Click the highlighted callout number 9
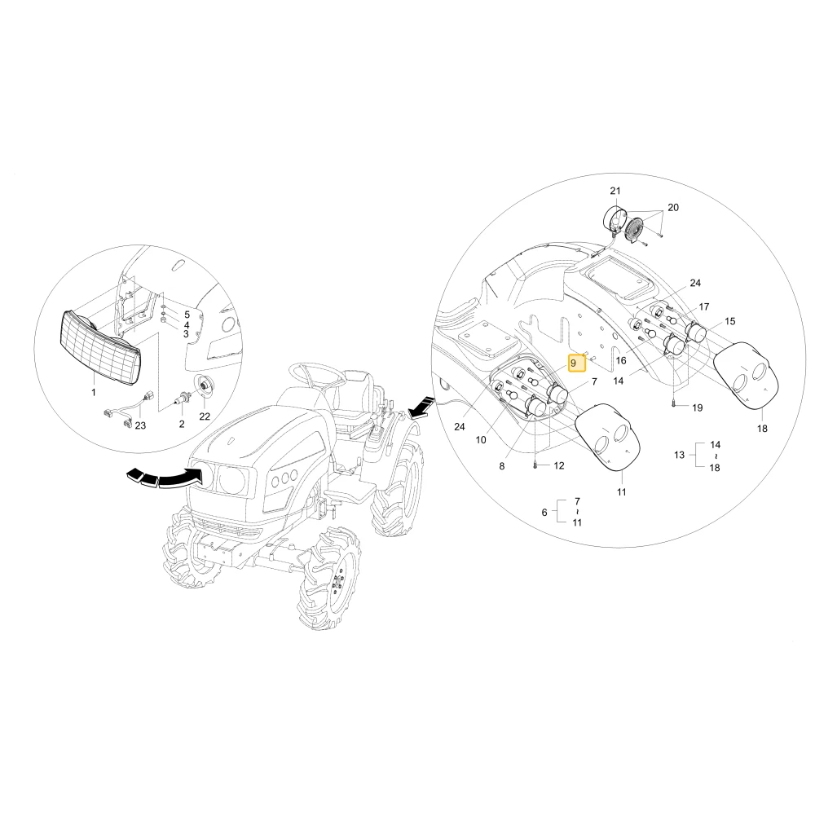tap(573, 363)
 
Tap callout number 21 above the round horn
tap(615, 191)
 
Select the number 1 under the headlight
tap(94, 392)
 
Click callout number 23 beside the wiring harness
tap(140, 425)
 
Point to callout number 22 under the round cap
tap(205, 416)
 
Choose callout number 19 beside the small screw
tap(698, 407)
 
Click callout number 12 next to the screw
tap(559, 465)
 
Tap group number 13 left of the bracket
tap(680, 455)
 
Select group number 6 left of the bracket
tap(544, 513)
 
